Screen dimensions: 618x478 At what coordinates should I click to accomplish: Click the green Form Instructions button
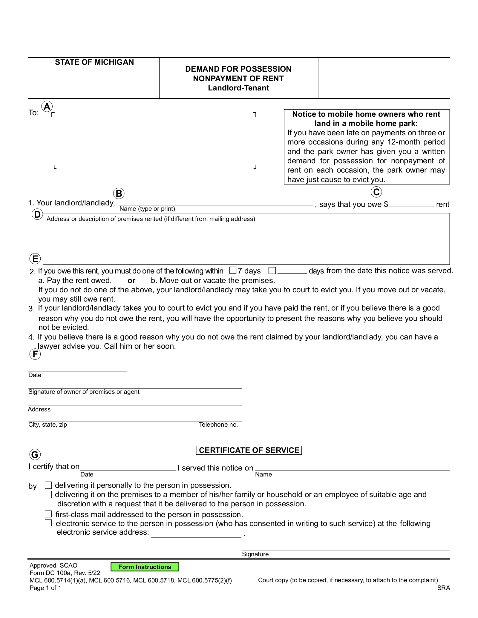145,567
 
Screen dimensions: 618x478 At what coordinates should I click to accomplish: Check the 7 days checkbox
233,270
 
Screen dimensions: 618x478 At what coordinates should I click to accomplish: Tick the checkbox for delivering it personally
48,485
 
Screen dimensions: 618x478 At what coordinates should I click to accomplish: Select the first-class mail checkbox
48,514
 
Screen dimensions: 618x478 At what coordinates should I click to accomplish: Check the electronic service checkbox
48,523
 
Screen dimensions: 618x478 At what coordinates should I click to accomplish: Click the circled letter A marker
47,107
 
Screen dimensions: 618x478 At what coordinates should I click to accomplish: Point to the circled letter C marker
376,192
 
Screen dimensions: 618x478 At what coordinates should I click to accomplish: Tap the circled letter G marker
35,455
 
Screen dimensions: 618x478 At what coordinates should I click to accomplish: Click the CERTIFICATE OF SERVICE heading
249,450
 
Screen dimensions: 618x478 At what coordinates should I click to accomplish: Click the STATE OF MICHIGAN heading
94,62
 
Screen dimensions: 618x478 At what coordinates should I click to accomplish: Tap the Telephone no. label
218,425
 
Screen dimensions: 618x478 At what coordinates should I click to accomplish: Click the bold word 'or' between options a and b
131,281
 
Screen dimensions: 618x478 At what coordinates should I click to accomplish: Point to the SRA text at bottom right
443,588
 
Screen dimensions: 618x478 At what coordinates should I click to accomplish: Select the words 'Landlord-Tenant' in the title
238,88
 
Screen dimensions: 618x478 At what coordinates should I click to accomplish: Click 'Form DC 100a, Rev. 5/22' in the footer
65,573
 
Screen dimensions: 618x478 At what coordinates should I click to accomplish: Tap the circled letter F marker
35,354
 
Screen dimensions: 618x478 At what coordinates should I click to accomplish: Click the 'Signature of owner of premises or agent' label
84,392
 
